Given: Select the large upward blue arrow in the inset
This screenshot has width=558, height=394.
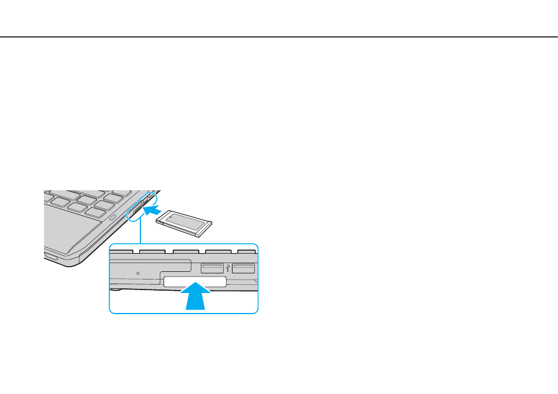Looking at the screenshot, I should (194, 298).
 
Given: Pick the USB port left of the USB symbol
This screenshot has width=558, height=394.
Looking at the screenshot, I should (214, 268).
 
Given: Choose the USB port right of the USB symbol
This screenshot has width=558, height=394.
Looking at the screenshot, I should (243, 268).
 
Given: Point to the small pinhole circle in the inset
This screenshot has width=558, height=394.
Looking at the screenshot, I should (138, 273).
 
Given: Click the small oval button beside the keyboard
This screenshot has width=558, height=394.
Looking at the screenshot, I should (112, 218).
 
